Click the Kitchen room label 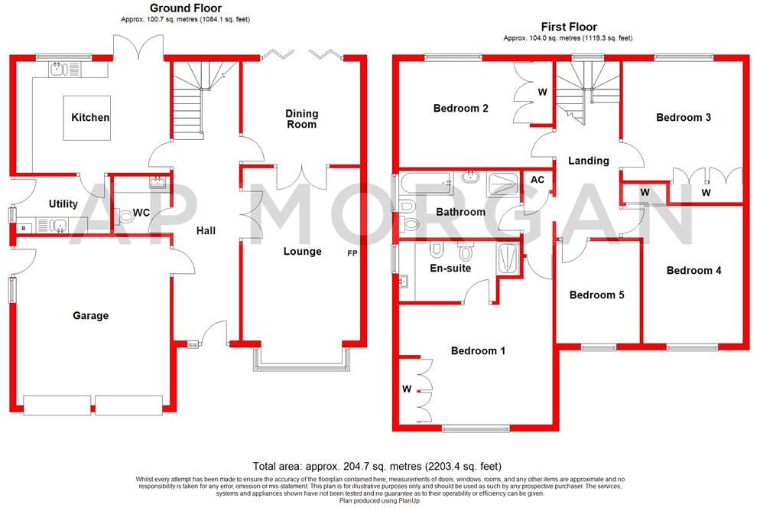[90, 117]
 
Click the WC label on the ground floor [141, 213]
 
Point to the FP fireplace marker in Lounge [352, 252]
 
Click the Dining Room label [302, 119]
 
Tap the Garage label [90, 315]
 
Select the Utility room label [63, 204]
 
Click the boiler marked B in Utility [24, 227]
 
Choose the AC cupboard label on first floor [538, 180]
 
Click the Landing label [588, 161]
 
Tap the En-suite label [450, 268]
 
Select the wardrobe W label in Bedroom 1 [407, 389]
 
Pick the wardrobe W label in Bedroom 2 [542, 93]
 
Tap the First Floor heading [568, 27]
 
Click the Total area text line [377, 466]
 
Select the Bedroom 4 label [693, 270]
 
